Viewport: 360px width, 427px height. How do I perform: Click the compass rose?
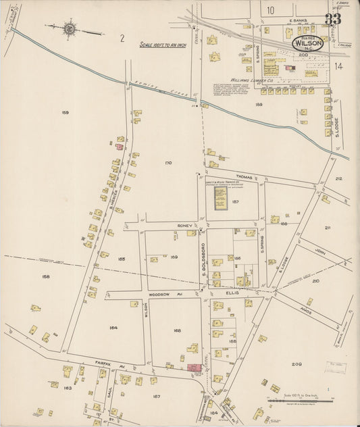coord(70,28)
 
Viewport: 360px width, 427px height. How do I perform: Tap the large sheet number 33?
coord(332,19)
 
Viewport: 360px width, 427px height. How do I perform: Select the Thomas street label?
coord(244,177)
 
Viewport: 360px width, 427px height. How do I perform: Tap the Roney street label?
coord(185,225)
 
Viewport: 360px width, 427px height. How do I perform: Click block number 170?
coord(168,163)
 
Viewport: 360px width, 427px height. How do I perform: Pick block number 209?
coord(297,364)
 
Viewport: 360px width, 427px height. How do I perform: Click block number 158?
coord(45,276)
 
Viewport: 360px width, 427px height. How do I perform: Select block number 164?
coord(113,328)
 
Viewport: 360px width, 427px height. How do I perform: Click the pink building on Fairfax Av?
coord(195,367)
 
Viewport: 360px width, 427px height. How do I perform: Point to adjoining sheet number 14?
coord(338,66)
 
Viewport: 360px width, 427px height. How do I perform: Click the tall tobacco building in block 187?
coord(220,197)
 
